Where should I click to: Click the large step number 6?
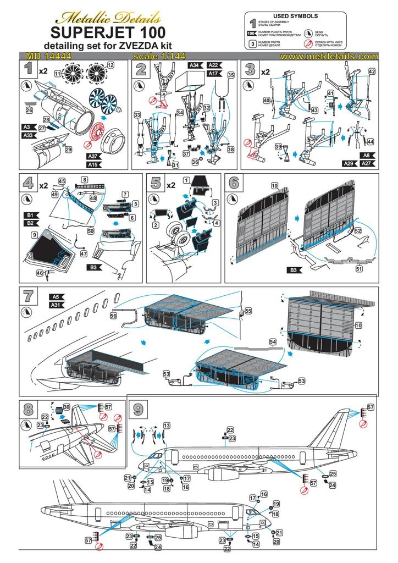tap(234, 183)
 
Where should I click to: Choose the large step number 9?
tap(136, 408)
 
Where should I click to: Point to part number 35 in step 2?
tap(231, 75)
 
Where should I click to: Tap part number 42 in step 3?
tap(372, 71)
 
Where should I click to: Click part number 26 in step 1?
tap(29, 111)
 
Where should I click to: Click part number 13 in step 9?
tap(167, 426)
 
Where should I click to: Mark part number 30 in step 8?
tap(66, 407)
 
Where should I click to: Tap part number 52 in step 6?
tap(358, 231)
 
